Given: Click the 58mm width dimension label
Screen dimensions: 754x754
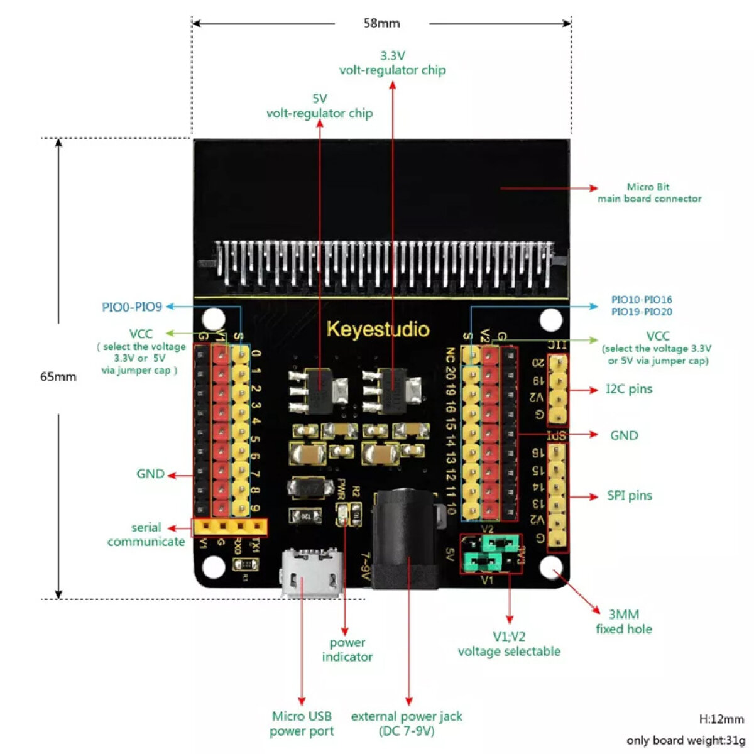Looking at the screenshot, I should pyautogui.click(x=381, y=23).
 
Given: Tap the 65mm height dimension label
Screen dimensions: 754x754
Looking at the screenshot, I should pyautogui.click(x=58, y=376).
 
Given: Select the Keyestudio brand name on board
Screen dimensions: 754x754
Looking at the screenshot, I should pyautogui.click(x=378, y=330).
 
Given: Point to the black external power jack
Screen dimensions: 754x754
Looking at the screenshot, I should pyautogui.click(x=404, y=540).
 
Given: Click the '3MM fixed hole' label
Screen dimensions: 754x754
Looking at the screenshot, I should pyautogui.click(x=623, y=621).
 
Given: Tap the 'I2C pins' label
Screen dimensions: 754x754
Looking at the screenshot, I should pyautogui.click(x=629, y=389).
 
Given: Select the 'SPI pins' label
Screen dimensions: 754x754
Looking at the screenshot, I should pyautogui.click(x=629, y=496).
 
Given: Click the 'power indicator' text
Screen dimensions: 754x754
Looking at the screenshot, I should pyautogui.click(x=347, y=650).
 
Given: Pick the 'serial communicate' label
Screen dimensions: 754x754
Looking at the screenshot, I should pyautogui.click(x=146, y=535).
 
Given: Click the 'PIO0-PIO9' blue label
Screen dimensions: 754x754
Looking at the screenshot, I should pyautogui.click(x=132, y=307).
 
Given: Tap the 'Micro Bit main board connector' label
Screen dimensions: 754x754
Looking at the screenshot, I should pyautogui.click(x=648, y=193).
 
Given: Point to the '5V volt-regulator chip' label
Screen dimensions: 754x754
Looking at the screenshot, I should pyautogui.click(x=319, y=106).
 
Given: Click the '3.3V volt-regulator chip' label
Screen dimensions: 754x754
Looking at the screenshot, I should pyautogui.click(x=393, y=63).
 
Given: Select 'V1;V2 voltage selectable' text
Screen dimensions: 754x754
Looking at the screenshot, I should pyautogui.click(x=509, y=645).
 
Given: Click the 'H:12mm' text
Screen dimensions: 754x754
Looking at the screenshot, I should pyautogui.click(x=721, y=719).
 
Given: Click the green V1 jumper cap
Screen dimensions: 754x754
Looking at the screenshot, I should pyautogui.click(x=482, y=562).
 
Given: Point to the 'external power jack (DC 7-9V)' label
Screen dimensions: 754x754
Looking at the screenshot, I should pyautogui.click(x=407, y=723).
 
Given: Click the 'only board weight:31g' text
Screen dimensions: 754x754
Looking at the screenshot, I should pyautogui.click(x=685, y=741).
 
